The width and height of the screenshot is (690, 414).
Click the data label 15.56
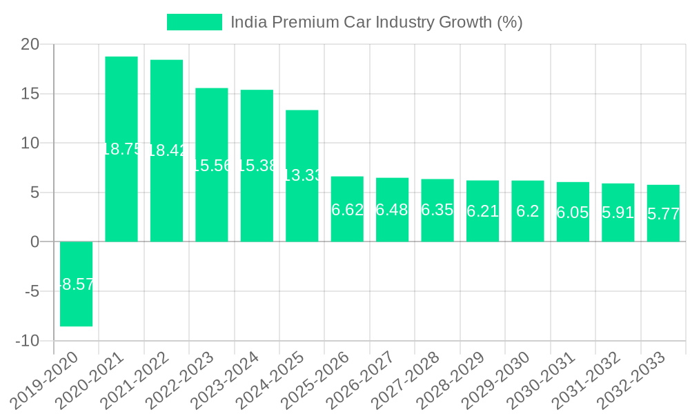[x=212, y=165]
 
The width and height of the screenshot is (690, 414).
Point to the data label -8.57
[x=76, y=284]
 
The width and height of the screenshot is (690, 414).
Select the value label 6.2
[x=528, y=211]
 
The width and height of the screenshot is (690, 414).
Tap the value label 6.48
[x=392, y=210]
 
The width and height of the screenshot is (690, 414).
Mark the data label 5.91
[x=618, y=213]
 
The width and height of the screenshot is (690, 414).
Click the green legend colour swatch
[x=195, y=22]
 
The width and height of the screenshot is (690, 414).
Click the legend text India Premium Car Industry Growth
[x=376, y=22]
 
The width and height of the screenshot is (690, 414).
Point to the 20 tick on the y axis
[x=30, y=44]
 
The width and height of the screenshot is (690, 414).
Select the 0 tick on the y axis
[x=34, y=242]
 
